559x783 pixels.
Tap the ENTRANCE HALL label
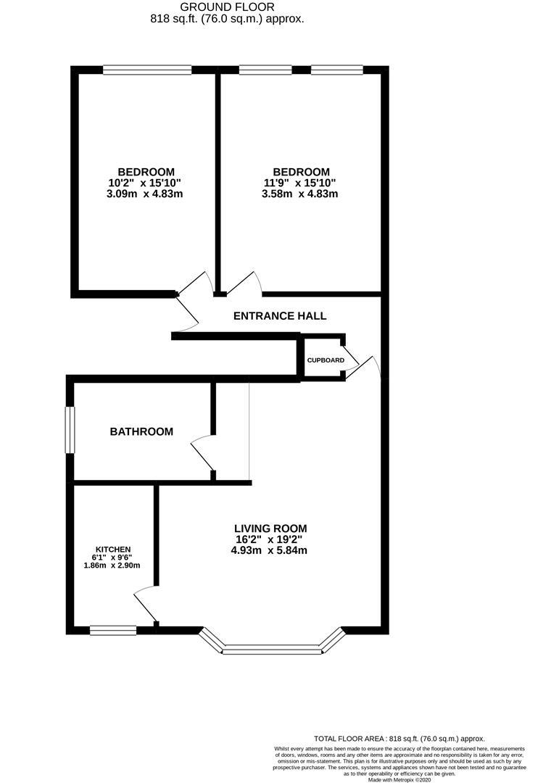tap(279, 316)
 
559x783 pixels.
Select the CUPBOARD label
tap(326, 360)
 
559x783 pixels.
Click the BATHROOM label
tap(141, 432)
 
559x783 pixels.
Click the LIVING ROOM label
tap(270, 529)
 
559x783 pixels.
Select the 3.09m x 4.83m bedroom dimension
tap(144, 194)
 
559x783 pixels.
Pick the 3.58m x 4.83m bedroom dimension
tap(300, 194)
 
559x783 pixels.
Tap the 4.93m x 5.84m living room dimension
tap(270, 551)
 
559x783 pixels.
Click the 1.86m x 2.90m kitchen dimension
tap(112, 565)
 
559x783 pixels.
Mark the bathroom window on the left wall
tap(70, 430)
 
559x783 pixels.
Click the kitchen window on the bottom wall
tap(113, 630)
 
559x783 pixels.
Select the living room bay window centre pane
tap(271, 650)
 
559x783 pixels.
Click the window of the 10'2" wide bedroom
tap(147, 70)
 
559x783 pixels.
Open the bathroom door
tap(202, 455)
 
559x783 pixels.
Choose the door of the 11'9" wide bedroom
tap(244, 283)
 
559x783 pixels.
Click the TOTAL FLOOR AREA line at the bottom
tap(399, 738)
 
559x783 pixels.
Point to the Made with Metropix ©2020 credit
tap(399, 779)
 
